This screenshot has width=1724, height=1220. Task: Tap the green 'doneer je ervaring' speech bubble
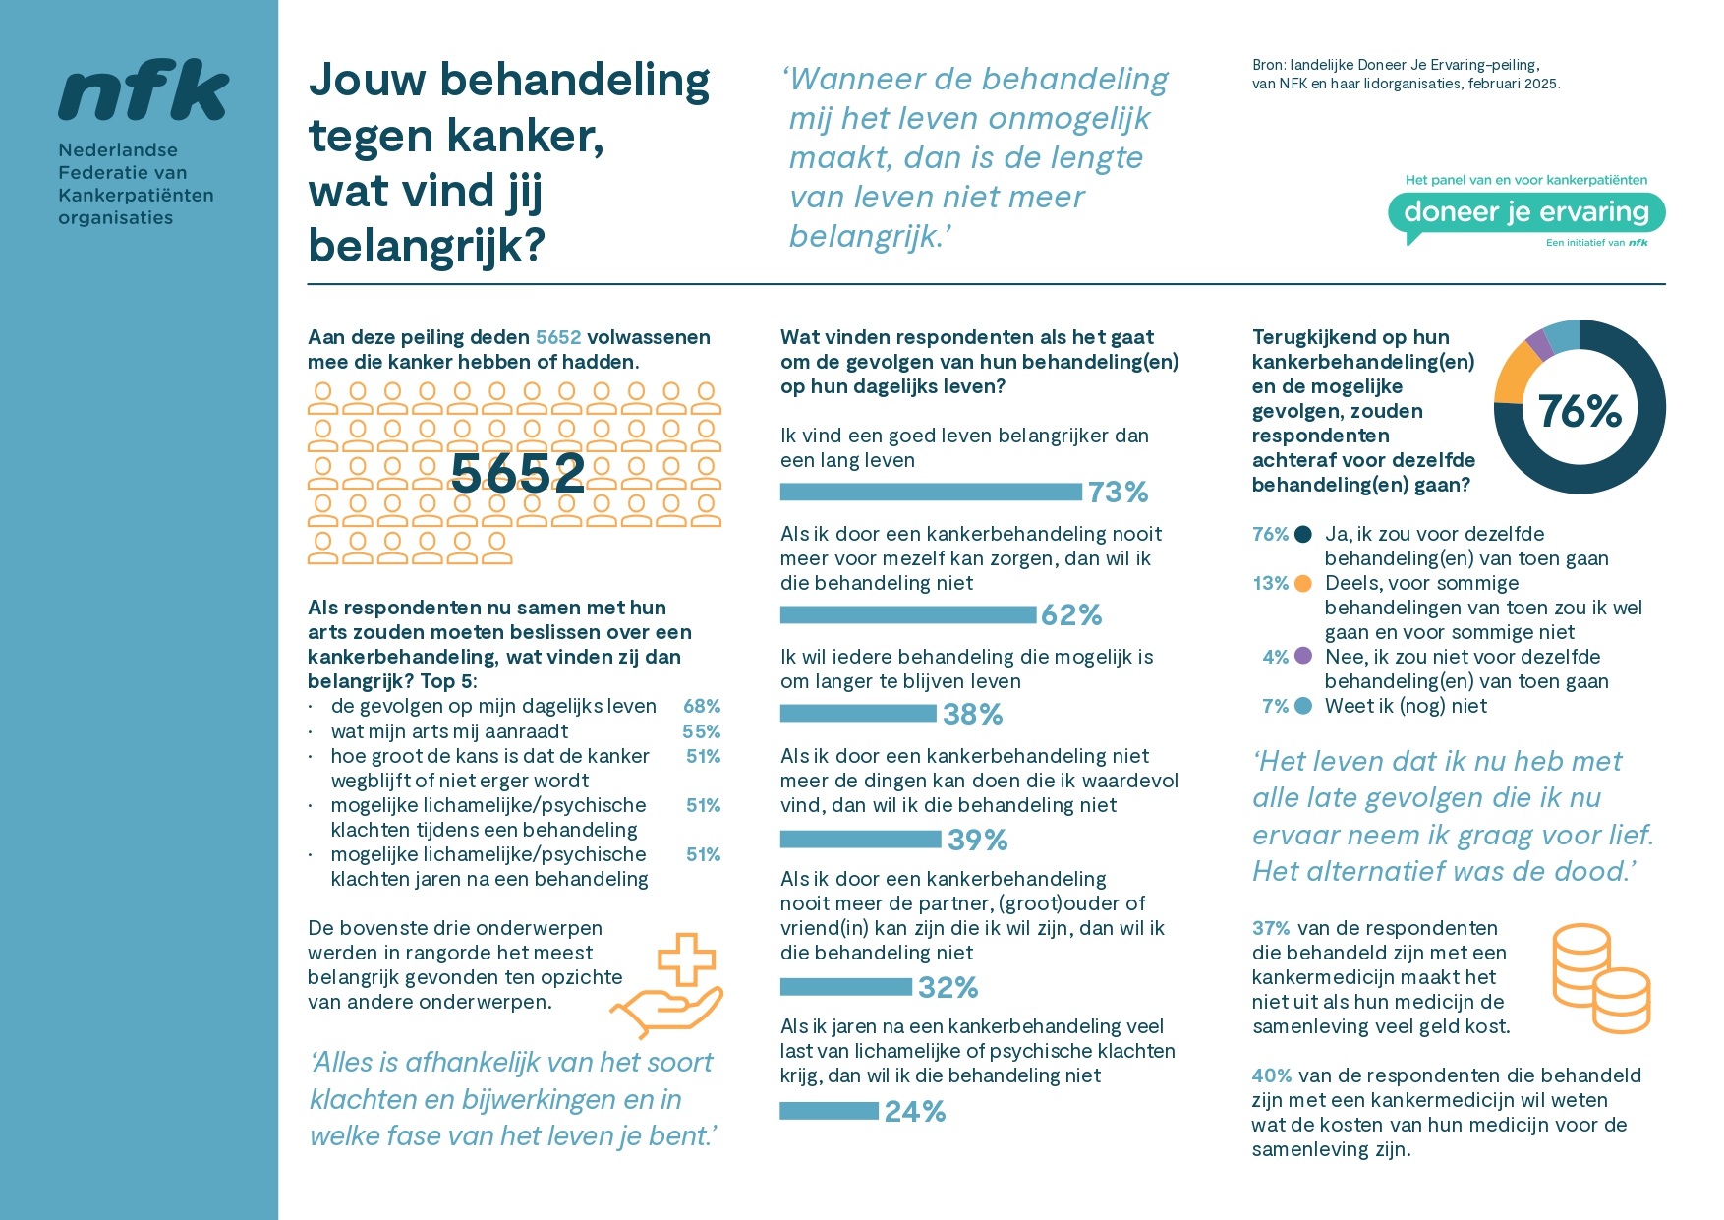tap(1525, 212)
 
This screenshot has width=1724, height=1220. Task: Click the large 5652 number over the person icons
tap(518, 473)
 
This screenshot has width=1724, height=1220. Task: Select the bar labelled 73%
tap(930, 492)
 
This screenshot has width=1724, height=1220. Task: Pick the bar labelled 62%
tap(908, 614)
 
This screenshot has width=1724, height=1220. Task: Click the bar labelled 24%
tap(829, 1111)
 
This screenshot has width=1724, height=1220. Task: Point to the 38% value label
tap(972, 714)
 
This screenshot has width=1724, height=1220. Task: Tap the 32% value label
tap(948, 987)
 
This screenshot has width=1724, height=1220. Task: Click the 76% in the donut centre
tap(1579, 410)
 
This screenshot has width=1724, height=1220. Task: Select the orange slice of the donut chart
tap(1516, 374)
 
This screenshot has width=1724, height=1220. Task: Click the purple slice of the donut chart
tap(1539, 344)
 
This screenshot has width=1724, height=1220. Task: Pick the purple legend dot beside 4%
tap(1303, 656)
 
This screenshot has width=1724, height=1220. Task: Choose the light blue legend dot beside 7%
tap(1303, 706)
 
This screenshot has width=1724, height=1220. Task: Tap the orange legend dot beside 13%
tap(1303, 583)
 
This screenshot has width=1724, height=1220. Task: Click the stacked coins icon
tap(1599, 978)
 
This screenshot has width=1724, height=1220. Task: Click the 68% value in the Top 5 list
tap(702, 706)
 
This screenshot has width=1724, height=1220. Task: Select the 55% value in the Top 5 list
tap(702, 731)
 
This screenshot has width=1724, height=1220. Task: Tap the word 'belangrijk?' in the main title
tap(427, 246)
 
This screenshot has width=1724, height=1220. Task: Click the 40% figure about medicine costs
tap(1271, 1075)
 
